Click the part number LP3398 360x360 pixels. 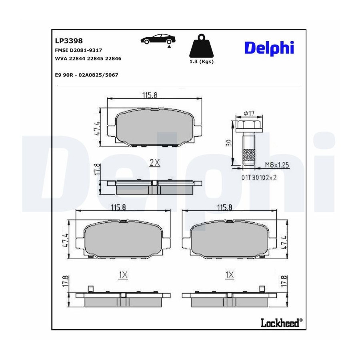[x=69, y=41]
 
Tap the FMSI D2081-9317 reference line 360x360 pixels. [x=78, y=50]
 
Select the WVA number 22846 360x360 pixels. [x=113, y=58]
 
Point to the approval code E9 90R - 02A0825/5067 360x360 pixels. [x=86, y=75]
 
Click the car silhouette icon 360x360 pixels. [x=158, y=39]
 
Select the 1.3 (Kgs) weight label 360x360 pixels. [x=201, y=62]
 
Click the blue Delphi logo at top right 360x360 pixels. [x=269, y=48]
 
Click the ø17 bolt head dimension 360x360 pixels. [x=249, y=114]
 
